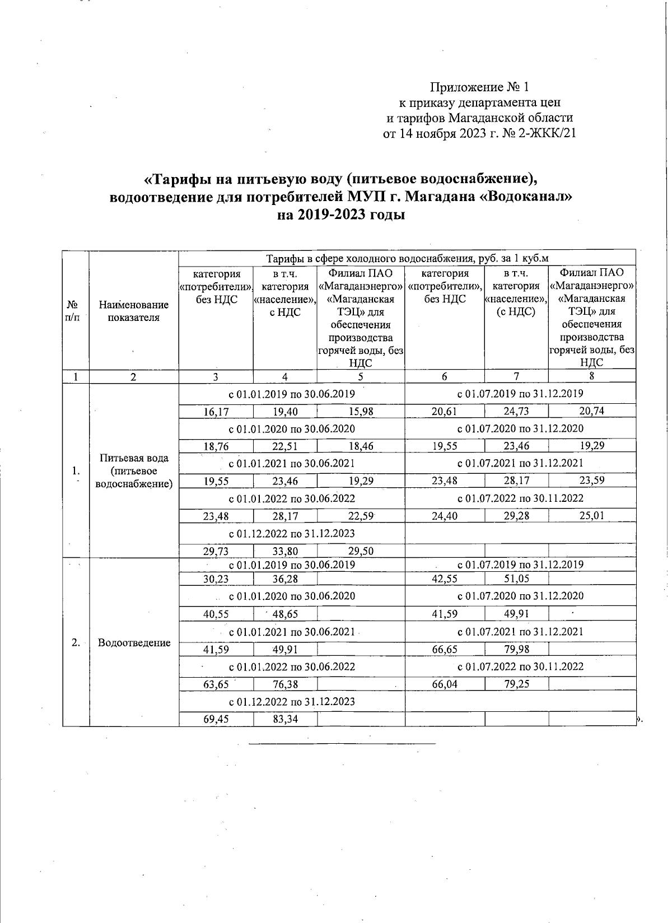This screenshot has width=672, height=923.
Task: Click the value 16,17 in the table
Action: point(216,412)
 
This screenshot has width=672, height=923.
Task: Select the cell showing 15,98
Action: point(361,412)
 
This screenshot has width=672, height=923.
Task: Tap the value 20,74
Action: point(591,412)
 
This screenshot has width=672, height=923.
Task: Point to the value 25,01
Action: point(591,515)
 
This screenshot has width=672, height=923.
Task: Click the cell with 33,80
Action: point(285,551)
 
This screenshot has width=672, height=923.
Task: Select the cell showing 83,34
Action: point(285,719)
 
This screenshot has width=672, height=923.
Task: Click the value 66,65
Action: point(445,649)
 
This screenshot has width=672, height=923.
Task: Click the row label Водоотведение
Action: point(134,642)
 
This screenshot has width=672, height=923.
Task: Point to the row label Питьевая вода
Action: point(134,458)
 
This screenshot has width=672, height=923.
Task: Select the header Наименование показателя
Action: point(134,311)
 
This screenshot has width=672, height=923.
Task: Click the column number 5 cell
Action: point(361,377)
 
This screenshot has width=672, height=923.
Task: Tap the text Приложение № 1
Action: point(479,87)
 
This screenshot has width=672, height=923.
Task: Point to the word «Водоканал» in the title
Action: point(526,197)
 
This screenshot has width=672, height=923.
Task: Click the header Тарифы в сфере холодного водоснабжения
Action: point(407,258)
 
